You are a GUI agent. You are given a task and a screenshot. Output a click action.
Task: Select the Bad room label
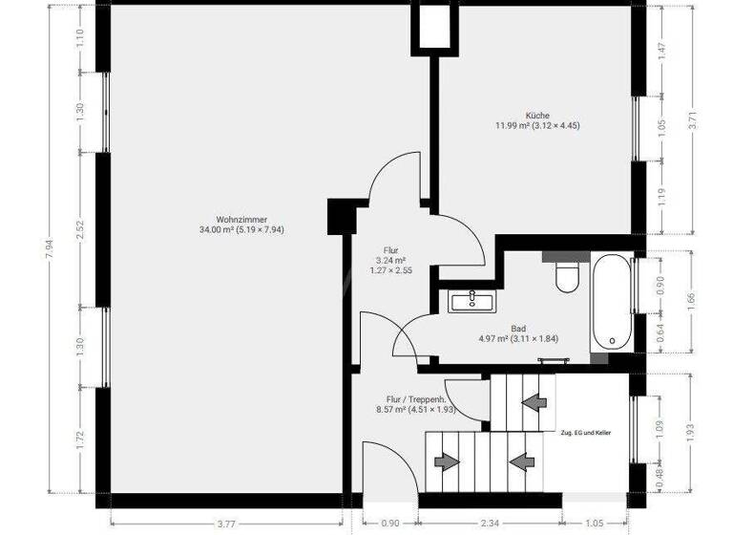click(518, 326)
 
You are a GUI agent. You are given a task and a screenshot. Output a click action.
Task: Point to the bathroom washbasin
click(472, 302)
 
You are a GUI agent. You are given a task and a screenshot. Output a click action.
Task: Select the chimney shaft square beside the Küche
click(432, 26)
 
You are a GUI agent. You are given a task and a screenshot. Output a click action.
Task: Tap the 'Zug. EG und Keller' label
click(585, 433)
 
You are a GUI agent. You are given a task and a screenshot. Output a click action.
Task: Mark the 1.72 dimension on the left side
click(80, 440)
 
